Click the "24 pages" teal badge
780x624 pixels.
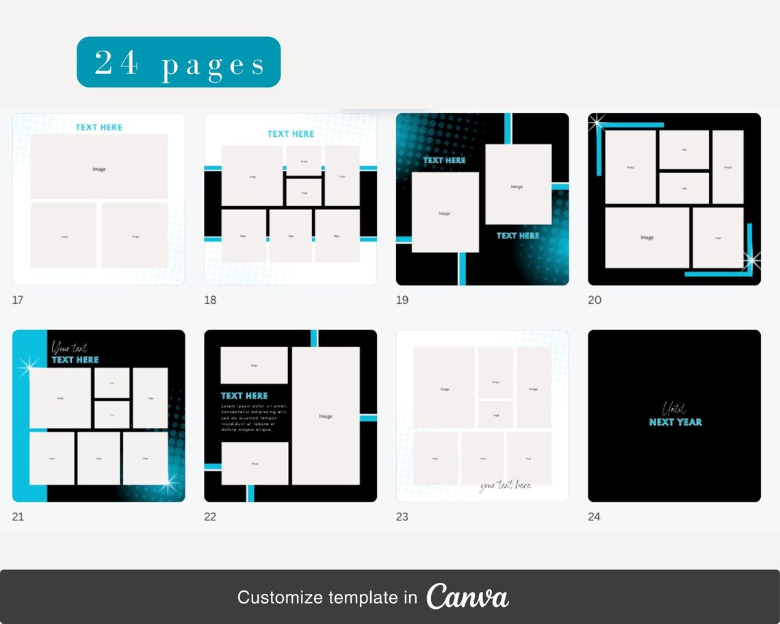point(179,62)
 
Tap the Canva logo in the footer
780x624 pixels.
point(467,597)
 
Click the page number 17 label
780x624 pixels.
point(18,300)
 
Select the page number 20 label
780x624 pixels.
point(595,300)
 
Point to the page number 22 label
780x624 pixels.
point(210,517)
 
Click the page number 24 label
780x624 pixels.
point(594,517)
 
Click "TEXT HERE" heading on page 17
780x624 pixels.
point(99,127)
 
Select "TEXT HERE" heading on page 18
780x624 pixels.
point(291,134)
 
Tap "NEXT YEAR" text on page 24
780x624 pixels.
point(675,422)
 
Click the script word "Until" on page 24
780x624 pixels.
point(673,408)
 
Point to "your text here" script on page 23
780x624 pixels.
point(505,485)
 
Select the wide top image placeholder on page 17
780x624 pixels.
point(99,167)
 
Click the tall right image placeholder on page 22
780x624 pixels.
point(326,416)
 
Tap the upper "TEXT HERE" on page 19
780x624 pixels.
point(444,161)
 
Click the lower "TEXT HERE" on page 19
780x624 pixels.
point(518,235)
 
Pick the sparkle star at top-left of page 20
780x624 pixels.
point(597,122)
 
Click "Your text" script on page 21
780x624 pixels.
point(69,348)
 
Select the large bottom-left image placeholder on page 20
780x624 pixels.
point(647,237)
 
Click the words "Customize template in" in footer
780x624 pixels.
point(327,597)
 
